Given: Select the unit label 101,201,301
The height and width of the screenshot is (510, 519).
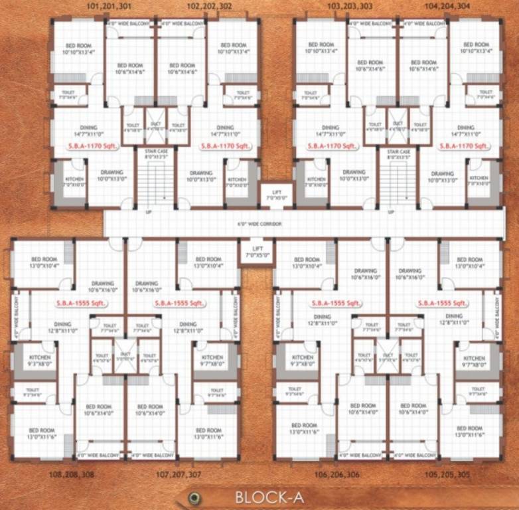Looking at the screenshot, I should coord(110,6).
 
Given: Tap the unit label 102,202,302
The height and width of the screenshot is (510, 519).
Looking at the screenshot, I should coord(210,6).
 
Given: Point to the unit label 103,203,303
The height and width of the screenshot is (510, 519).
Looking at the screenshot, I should coord(350,6).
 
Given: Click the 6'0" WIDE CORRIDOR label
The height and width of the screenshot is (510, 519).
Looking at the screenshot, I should coord(259,224).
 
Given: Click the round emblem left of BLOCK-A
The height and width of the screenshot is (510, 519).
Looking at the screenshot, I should coord(193,497).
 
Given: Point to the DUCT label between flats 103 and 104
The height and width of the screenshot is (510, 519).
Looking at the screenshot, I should coord(398,124).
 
